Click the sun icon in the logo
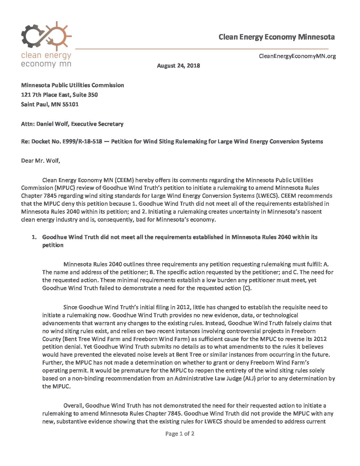pos(59,35)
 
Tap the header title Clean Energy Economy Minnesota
pos(276,37)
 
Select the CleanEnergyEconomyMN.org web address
pos(297,56)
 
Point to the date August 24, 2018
pos(178,66)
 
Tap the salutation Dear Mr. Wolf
pos(40,161)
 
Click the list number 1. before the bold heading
pos(34,237)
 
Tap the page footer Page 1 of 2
pos(180,434)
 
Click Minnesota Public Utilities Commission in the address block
pos(72,85)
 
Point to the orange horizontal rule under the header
pos(202,49)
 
